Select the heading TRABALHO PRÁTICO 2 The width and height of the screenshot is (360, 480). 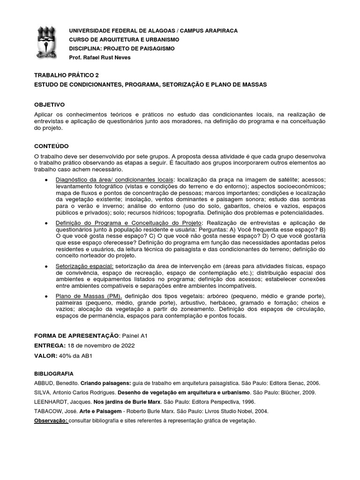coord(67,75)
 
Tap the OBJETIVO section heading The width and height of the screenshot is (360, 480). coord(50,105)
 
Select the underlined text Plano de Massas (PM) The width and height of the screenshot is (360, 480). coord(89,297)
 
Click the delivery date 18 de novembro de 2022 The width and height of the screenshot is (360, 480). coord(101,345)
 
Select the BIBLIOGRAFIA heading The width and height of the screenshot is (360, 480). coord(54,374)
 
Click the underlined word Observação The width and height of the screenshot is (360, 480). coord(52,420)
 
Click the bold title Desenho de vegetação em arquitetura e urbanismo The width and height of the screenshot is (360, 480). coord(184,392)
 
